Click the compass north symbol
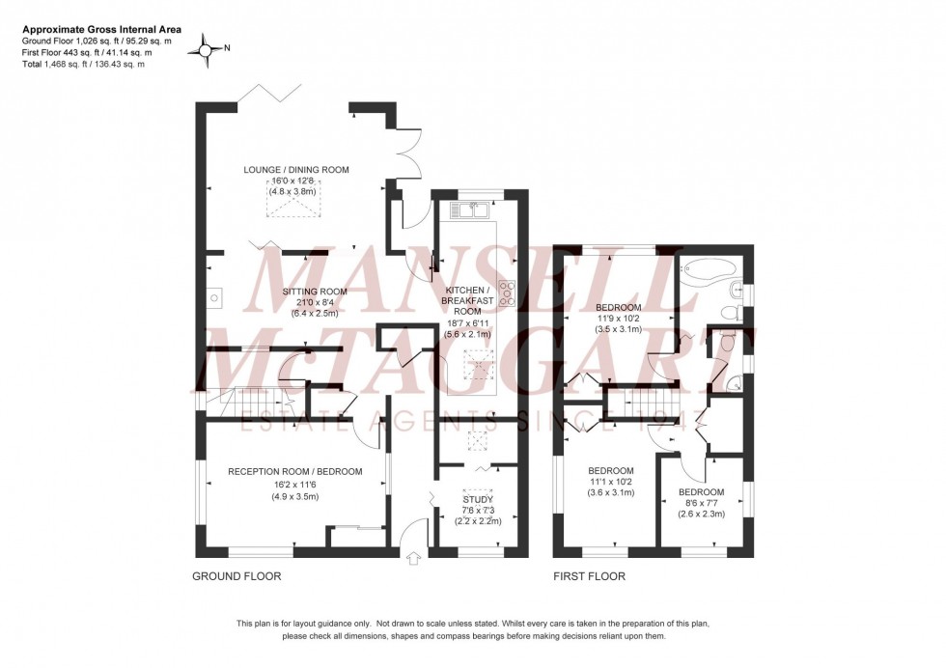tap(206, 48)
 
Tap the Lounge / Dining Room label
tap(295, 170)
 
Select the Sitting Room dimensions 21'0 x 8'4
tap(314, 301)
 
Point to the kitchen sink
tap(468, 207)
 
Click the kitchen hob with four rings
tap(507, 292)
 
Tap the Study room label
tap(479, 500)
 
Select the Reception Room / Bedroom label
tap(294, 472)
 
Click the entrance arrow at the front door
tap(416, 557)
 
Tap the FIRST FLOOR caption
tap(590, 576)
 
